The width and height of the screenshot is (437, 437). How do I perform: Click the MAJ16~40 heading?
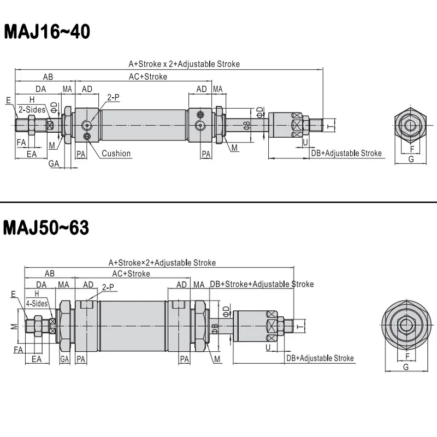pos(47,32)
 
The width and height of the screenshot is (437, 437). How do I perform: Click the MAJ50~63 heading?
pos(46,228)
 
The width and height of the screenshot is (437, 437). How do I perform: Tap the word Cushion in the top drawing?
pos(116,153)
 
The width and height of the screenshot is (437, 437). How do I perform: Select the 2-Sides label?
pos(32,110)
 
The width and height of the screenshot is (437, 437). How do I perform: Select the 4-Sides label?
pos(37,304)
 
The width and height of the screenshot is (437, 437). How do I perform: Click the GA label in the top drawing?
pos(54,163)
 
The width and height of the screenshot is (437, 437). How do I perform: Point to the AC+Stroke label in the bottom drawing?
pos(131,274)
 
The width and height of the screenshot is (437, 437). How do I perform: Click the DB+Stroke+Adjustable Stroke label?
pos(262,284)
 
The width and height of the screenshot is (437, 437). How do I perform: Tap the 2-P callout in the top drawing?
pos(114,97)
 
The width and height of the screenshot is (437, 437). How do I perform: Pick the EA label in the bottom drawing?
pos(37,359)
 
